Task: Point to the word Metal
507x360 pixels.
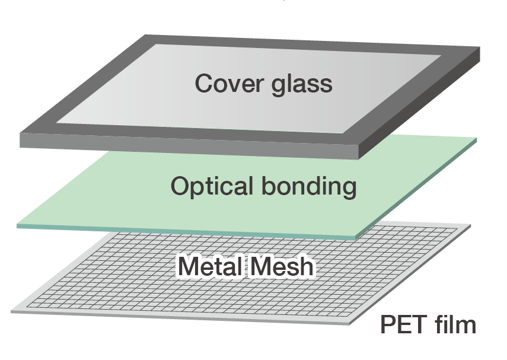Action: coord(209,267)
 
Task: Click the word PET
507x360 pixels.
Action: coord(403,326)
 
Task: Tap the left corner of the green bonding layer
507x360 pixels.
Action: coord(18,225)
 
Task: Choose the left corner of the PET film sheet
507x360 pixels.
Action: coord(12,310)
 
